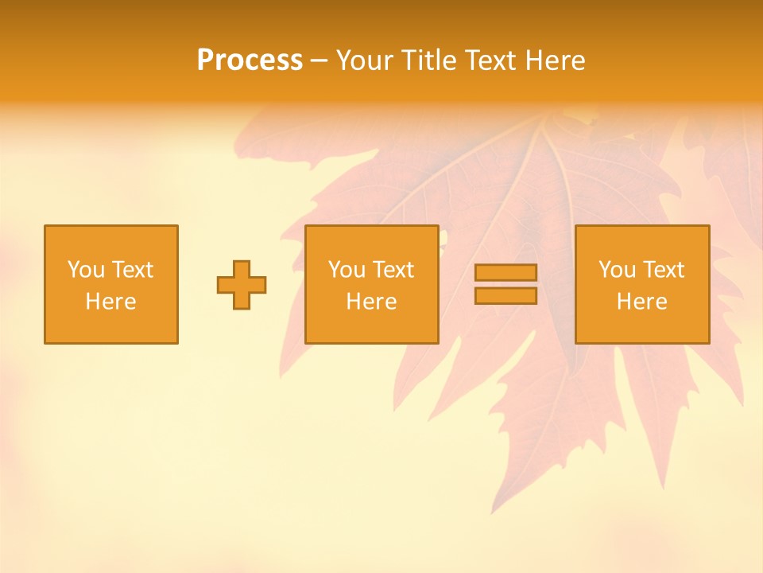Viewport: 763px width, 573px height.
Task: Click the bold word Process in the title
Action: pyautogui.click(x=250, y=60)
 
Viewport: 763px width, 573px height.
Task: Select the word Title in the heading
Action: pyautogui.click(x=430, y=60)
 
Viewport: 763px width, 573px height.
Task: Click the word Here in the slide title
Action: pyautogui.click(x=556, y=60)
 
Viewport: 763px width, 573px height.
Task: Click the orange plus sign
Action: pyautogui.click(x=242, y=285)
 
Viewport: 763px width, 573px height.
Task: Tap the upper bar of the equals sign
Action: pyautogui.click(x=505, y=272)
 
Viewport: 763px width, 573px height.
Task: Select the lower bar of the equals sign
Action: pyautogui.click(x=505, y=296)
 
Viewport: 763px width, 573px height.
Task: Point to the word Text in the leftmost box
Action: pyautogui.click(x=132, y=270)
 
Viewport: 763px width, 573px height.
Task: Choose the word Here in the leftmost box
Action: pyautogui.click(x=110, y=302)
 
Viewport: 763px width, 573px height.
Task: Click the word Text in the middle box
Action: pyautogui.click(x=393, y=270)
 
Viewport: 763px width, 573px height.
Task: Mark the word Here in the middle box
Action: pyautogui.click(x=371, y=302)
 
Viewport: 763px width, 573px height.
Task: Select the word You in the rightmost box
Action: pyautogui.click(x=617, y=270)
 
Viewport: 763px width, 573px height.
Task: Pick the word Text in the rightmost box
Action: pyautogui.click(x=663, y=270)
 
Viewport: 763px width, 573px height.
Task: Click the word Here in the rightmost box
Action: pyautogui.click(x=641, y=302)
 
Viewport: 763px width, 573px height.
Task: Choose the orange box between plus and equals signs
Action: pyautogui.click(x=371, y=326)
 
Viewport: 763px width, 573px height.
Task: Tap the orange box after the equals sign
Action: pyautogui.click(x=641, y=326)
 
